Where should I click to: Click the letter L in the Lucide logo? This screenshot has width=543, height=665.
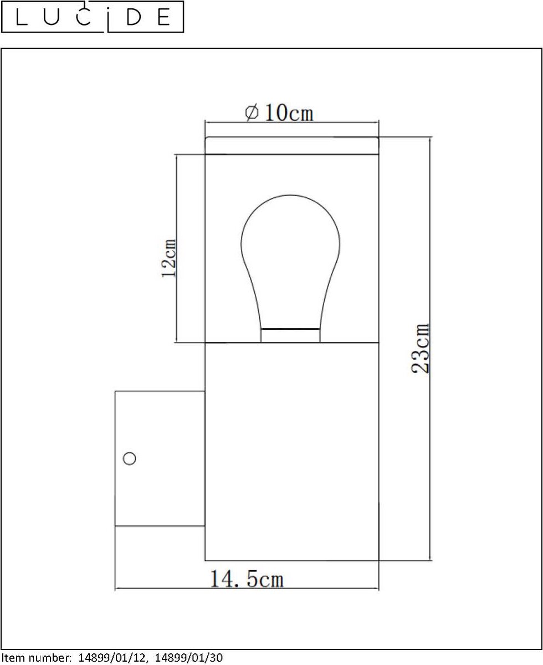pyautogui.click(x=22, y=17)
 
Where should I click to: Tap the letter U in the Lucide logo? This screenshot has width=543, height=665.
pyautogui.click(x=52, y=18)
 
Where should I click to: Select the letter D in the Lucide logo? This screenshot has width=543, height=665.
pyautogui.click(x=134, y=18)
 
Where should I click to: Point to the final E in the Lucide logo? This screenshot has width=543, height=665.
pyautogui.click(x=164, y=18)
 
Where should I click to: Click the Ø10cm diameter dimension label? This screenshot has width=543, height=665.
pyautogui.click(x=279, y=112)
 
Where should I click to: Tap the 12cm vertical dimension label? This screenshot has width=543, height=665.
pyautogui.click(x=168, y=258)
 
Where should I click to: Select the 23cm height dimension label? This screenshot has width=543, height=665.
pyautogui.click(x=421, y=349)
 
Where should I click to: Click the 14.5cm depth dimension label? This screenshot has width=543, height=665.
pyautogui.click(x=247, y=579)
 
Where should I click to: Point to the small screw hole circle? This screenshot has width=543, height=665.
pyautogui.click(x=129, y=458)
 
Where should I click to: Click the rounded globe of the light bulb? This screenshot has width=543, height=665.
pyautogui.click(x=290, y=239)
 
